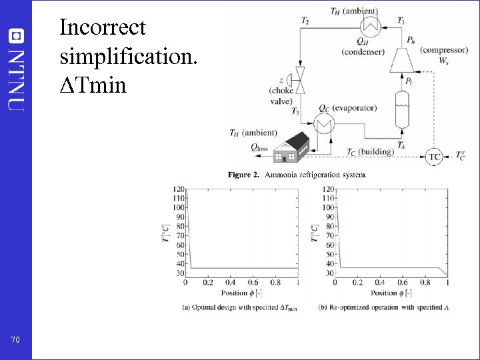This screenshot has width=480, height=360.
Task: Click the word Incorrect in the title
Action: pos(103,27)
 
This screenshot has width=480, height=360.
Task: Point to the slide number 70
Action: pos(16,340)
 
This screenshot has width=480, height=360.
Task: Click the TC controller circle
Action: pos(435,157)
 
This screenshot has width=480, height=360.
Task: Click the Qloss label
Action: pos(259,149)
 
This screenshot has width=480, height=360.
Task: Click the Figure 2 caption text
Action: pos(297,175)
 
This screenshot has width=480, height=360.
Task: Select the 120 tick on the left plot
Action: pos(179,189)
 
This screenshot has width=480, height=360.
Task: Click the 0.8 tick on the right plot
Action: pos(425,282)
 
